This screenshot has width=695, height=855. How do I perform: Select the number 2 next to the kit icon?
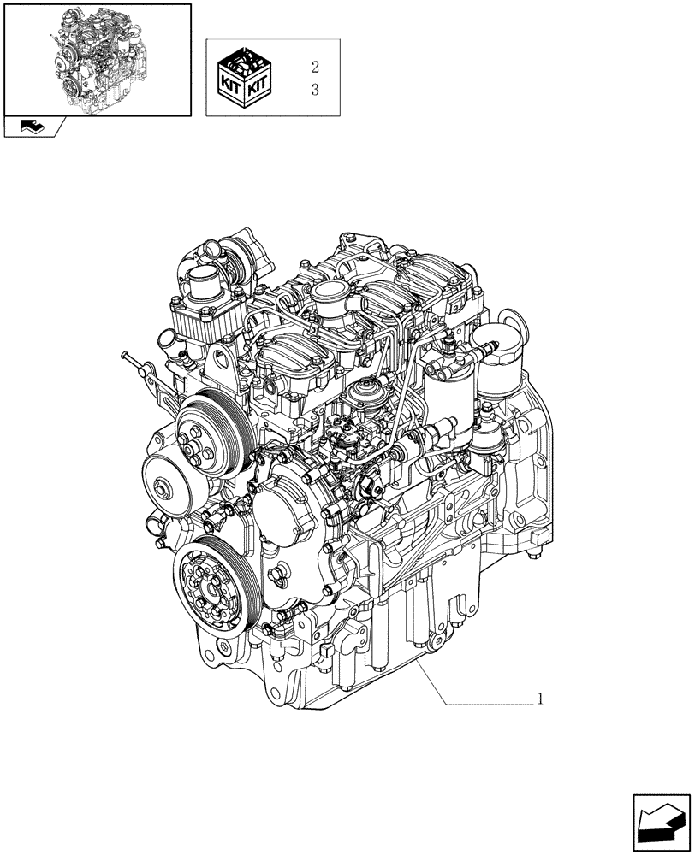(x=315, y=66)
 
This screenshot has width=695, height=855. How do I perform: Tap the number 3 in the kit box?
(x=315, y=90)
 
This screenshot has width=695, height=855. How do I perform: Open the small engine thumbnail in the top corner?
(x=97, y=58)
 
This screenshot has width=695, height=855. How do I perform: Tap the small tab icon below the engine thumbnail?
(x=34, y=127)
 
